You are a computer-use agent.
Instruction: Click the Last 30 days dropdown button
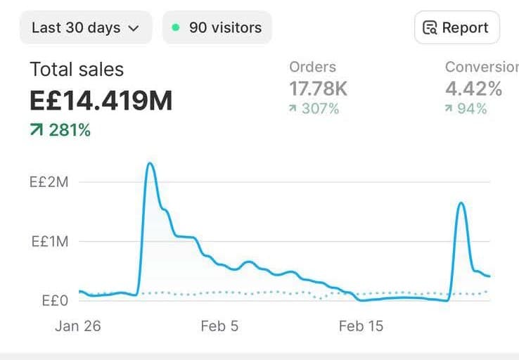85,28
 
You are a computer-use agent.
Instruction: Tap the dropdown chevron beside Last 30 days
134,29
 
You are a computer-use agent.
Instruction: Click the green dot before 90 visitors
175,28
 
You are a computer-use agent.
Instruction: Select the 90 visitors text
225,28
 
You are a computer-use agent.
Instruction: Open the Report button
456,28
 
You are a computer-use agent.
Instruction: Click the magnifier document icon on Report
430,28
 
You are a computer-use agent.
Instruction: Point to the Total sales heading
77,69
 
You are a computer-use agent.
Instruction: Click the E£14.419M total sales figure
101,101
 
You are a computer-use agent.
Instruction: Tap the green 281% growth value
69,130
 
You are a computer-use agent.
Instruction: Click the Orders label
312,67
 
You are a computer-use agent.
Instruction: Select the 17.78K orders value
318,89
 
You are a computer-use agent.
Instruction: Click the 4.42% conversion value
473,89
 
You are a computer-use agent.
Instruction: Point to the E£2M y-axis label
49,182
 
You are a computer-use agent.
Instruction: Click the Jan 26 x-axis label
77,326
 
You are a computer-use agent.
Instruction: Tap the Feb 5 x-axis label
219,326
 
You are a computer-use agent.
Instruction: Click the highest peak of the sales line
150,164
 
